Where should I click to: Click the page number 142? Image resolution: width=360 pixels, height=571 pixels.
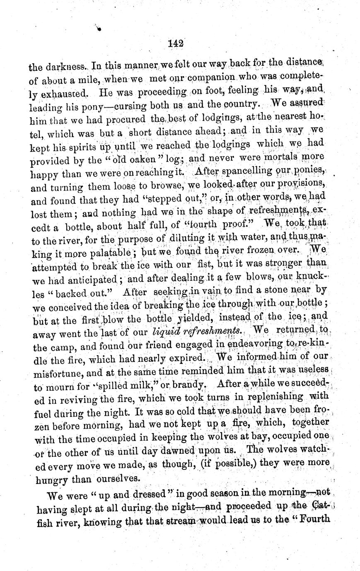[176, 43]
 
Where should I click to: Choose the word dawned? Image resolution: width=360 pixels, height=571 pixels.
[184, 450]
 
